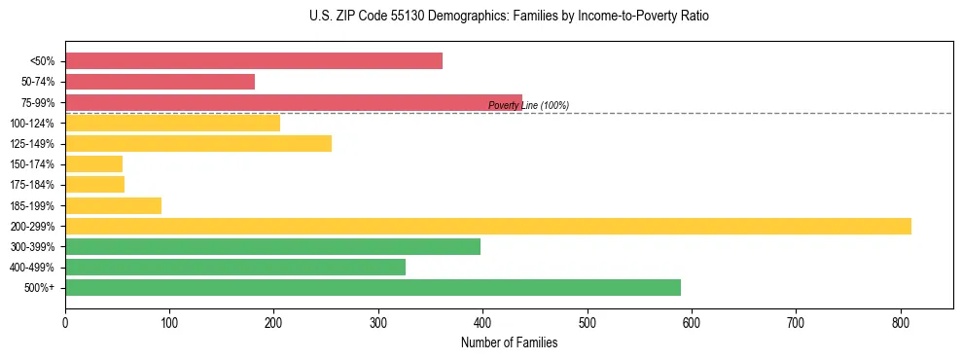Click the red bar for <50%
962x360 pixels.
point(254,61)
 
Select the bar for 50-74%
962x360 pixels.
point(160,82)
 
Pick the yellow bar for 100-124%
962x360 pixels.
point(173,123)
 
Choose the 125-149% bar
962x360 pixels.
point(198,143)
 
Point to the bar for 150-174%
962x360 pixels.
point(94,163)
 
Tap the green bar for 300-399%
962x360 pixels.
point(273,246)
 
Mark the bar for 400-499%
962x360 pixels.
point(235,267)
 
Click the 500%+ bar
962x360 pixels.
point(374,287)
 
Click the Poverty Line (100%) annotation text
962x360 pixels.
point(528,105)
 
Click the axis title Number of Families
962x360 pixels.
point(509,342)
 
